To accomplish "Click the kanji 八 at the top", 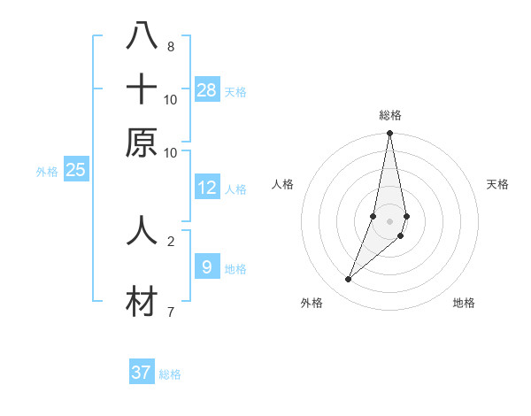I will [x=142, y=36].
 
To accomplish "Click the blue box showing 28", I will [x=207, y=89].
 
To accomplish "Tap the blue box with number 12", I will [x=207, y=188].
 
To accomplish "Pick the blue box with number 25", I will [x=75, y=170].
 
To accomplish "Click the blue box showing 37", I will [x=142, y=373].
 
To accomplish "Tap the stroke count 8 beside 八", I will [x=171, y=47].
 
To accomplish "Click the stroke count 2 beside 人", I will [x=171, y=241].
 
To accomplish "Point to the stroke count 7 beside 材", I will [x=171, y=312].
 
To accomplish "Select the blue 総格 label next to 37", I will [x=170, y=374].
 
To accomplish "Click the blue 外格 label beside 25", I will [x=46, y=172].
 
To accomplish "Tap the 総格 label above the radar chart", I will [x=389, y=115].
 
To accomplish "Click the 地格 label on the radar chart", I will [x=464, y=303].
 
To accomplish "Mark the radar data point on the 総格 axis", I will [x=389, y=134].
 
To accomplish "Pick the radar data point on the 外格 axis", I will [x=348, y=280].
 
